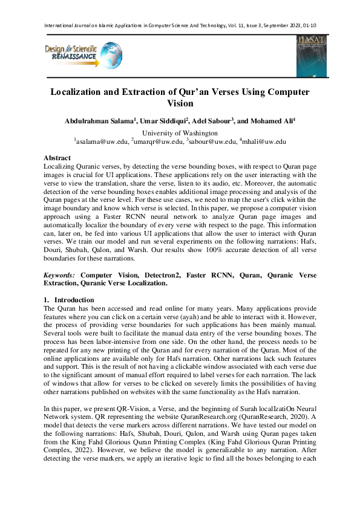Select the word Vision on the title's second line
[180, 103]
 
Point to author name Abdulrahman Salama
[99, 122]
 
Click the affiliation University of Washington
[180, 133]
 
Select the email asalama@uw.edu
[102, 142]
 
